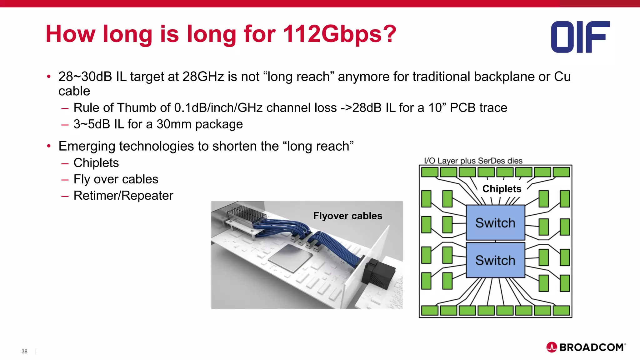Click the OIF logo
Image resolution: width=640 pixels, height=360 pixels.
coord(580,37)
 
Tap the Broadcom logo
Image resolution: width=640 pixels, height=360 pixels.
coord(586,347)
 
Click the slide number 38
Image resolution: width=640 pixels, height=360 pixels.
coord(24,352)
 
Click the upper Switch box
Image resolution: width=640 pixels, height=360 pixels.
coord(495,223)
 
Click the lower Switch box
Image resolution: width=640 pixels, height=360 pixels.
coord(495,260)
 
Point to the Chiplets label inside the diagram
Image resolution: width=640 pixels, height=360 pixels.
coord(502,189)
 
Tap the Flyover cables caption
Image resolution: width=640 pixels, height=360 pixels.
coord(347,216)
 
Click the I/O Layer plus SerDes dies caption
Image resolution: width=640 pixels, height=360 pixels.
coord(473,161)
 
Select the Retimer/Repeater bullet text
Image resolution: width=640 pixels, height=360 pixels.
coord(123,196)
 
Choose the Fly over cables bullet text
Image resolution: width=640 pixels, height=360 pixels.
coord(116,179)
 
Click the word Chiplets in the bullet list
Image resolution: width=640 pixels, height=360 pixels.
coord(96,163)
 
